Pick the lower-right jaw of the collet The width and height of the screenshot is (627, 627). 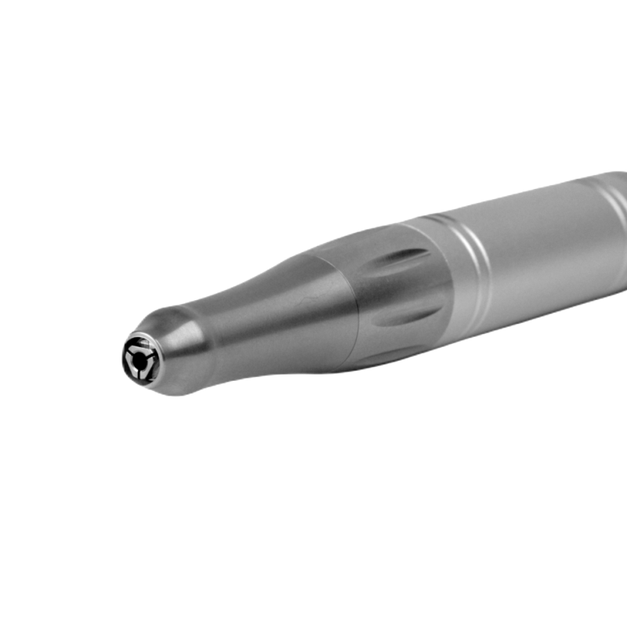click(x=146, y=369)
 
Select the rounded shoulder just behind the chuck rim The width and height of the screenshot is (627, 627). click(x=176, y=345)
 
